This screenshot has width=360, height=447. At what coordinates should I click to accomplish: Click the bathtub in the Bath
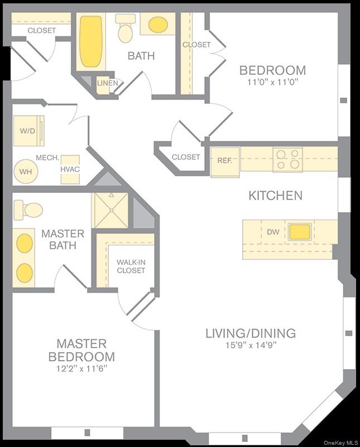tap(91, 41)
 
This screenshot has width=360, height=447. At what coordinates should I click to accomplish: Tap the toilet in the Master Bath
tap(28, 210)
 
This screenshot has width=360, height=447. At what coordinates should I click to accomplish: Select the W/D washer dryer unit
tap(28, 131)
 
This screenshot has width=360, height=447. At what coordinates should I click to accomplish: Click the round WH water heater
tap(26, 172)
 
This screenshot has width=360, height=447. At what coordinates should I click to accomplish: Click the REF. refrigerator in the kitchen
tap(225, 160)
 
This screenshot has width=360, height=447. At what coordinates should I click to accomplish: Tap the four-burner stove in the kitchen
tap(287, 159)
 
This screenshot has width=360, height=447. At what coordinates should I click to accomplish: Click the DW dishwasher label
tap(273, 231)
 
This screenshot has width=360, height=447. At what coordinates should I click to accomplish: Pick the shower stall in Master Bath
tap(110, 210)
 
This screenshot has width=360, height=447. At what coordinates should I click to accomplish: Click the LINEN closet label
tap(107, 84)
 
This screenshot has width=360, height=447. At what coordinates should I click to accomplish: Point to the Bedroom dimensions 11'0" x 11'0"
tap(272, 82)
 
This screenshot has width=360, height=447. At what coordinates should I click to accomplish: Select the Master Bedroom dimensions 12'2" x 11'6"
tap(81, 369)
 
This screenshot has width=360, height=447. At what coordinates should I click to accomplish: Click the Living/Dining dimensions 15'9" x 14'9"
tap(250, 345)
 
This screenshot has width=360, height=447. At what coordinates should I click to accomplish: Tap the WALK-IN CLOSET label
tap(131, 267)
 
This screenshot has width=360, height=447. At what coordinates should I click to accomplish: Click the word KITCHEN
tap(275, 196)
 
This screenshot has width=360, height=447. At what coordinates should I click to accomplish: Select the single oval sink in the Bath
tap(158, 25)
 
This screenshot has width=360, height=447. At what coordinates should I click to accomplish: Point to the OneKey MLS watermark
tap(340, 443)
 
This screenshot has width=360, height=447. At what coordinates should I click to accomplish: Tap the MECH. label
tap(48, 158)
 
